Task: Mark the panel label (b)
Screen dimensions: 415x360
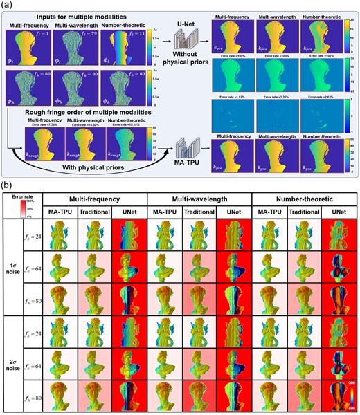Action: point(8,185)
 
